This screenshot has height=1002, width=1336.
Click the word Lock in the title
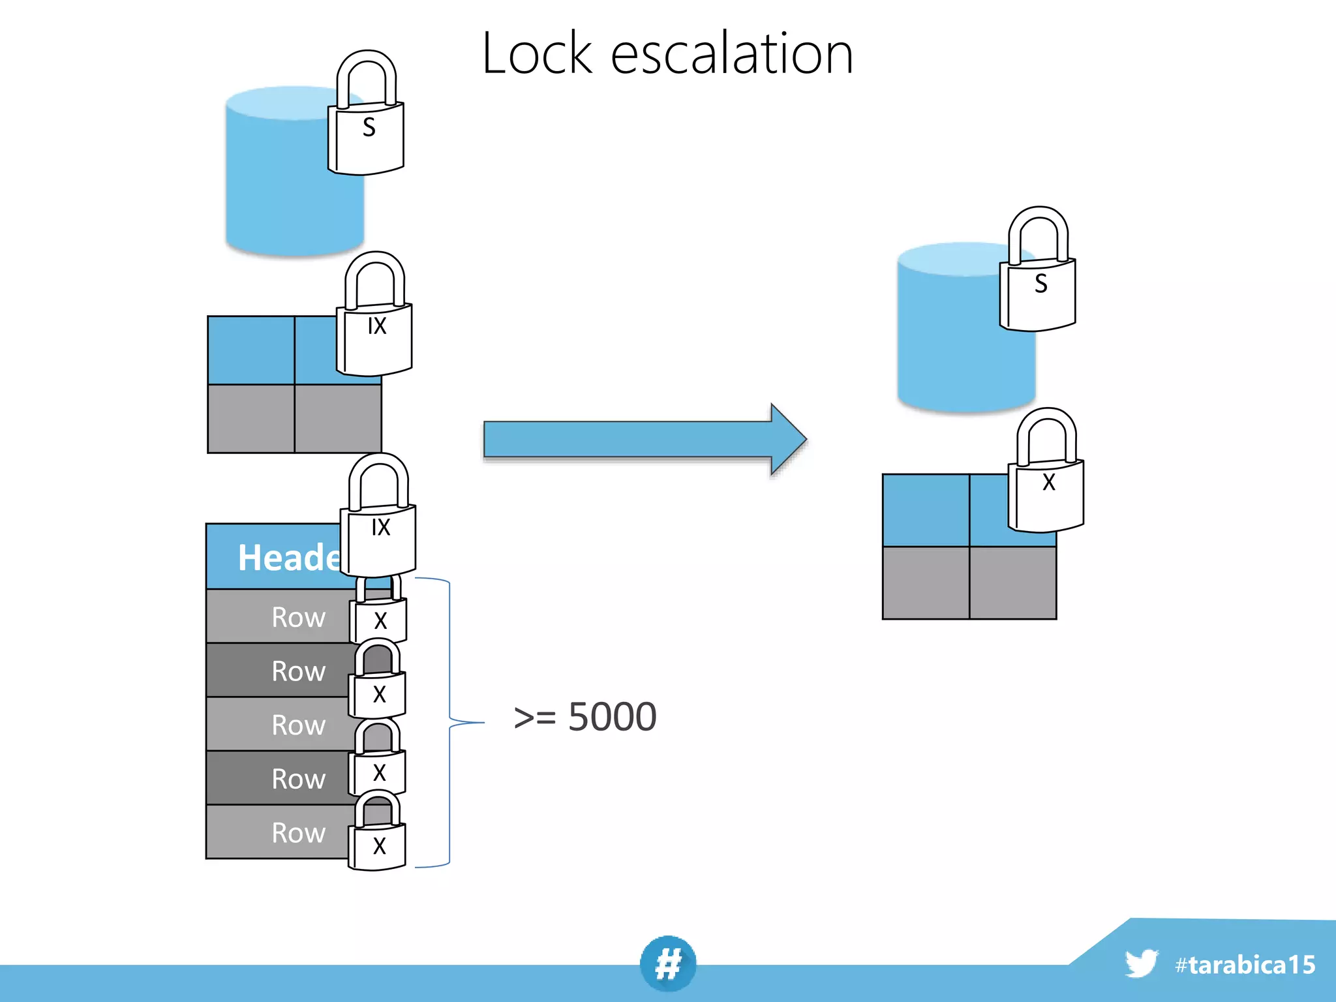(x=536, y=53)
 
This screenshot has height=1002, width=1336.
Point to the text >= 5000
(x=585, y=717)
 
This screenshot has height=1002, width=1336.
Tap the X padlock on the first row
(x=380, y=616)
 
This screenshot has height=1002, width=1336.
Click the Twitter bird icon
(x=1141, y=964)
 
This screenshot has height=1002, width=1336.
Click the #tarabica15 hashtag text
(x=1245, y=965)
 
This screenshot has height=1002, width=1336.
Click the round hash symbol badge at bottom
(x=668, y=964)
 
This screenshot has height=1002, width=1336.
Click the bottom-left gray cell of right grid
(x=925, y=583)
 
